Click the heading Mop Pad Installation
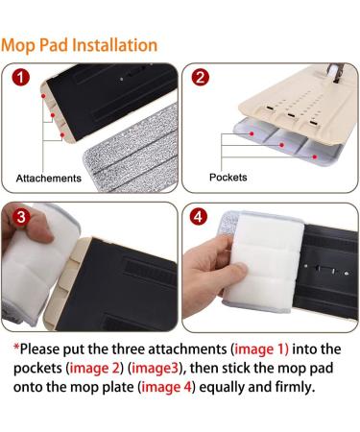[x=79, y=45]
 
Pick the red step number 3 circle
[x=20, y=217]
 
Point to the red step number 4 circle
[x=200, y=217]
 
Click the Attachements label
[x=49, y=179]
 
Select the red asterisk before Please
[x=17, y=348]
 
